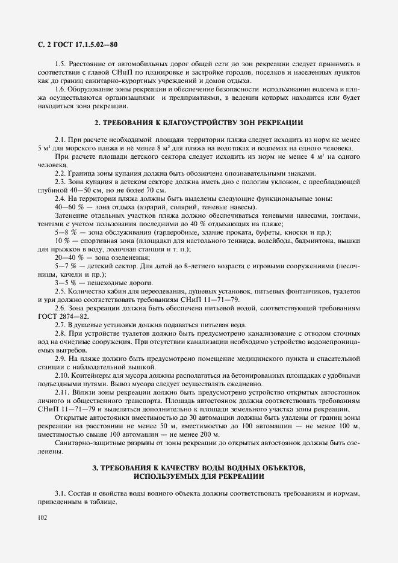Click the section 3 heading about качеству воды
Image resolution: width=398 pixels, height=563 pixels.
(x=199, y=471)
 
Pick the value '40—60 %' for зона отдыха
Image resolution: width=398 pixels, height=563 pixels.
(x=68, y=207)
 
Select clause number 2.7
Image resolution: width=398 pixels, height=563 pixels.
(x=60, y=324)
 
